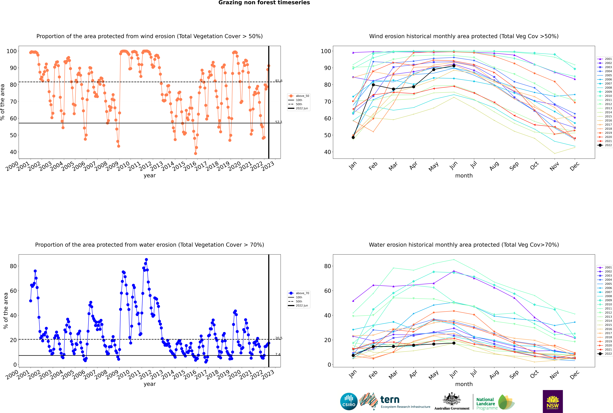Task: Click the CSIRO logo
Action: coord(349,401)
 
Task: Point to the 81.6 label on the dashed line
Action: coord(279,81)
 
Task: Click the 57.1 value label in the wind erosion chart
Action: coord(279,122)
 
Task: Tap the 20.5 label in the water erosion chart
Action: coord(279,338)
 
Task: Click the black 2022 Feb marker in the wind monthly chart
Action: coord(373,85)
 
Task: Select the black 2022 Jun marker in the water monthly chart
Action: coord(454,343)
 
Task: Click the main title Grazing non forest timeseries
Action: coord(264,3)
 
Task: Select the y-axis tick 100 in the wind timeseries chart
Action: coord(12,51)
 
